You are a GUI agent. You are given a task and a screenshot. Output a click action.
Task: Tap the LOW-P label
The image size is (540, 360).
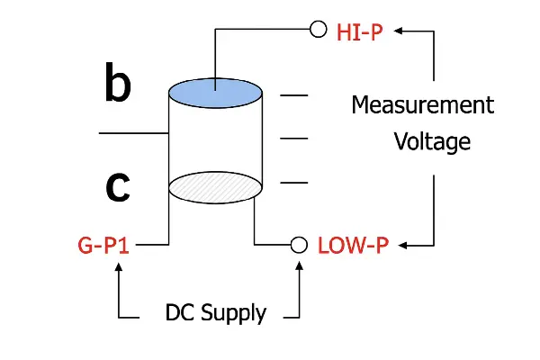(x=354, y=245)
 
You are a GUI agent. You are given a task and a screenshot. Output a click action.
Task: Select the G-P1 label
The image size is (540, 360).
(x=104, y=244)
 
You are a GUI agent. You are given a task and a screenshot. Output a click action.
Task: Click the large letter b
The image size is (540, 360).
(x=118, y=85)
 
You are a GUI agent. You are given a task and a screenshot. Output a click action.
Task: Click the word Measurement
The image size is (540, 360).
(x=422, y=105)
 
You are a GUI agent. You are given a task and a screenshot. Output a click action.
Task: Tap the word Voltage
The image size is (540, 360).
(x=432, y=142)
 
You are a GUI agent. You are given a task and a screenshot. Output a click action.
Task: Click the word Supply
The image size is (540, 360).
(x=233, y=314)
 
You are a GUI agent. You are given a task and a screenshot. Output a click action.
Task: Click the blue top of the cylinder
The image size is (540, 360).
(x=215, y=91)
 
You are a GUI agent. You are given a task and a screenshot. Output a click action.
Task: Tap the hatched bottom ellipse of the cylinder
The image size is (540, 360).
(x=215, y=186)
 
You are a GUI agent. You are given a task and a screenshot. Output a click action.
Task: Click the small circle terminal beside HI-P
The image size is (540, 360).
(x=318, y=30)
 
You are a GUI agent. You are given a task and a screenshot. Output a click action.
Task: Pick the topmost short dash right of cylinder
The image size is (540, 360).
(x=294, y=94)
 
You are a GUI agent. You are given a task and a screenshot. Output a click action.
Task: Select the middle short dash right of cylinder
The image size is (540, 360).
(x=294, y=139)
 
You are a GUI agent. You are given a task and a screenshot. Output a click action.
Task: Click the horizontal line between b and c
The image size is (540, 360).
(x=133, y=134)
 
